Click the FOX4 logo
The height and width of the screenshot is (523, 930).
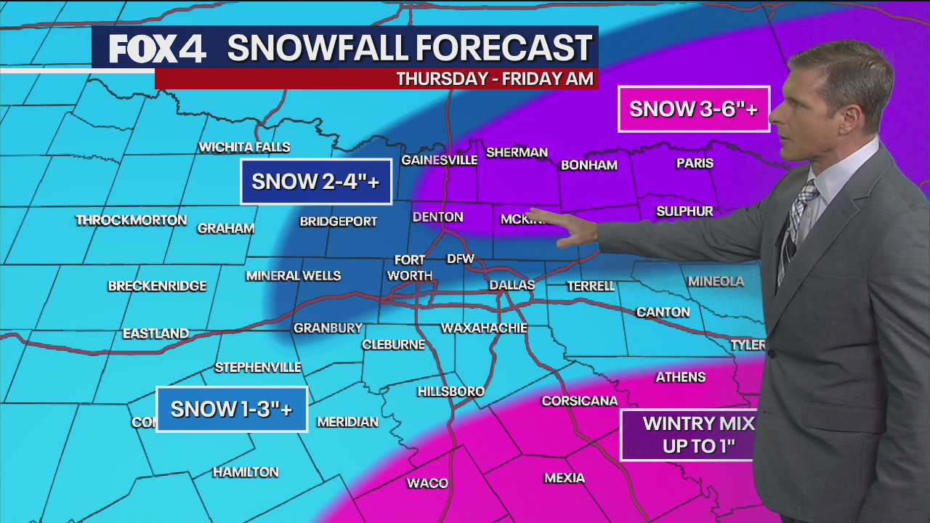pos(158,49)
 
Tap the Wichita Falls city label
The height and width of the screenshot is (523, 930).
pos(244,147)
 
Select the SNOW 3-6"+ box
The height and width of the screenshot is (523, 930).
pos(693,109)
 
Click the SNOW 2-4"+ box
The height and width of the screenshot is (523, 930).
pos(316,182)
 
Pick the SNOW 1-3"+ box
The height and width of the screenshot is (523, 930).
pos(232,409)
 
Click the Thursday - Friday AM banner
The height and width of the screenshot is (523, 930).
pos(494,78)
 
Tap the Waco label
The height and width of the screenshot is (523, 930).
pos(427,483)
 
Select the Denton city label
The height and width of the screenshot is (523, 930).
pos(437,217)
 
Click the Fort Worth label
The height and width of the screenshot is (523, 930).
pos(411,268)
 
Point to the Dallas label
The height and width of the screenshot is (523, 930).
pos(511,285)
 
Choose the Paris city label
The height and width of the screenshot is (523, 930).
pos(695,163)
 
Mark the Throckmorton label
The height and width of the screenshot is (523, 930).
pos(132,220)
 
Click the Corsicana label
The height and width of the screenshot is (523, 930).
pos(579,401)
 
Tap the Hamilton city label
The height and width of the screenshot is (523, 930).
pos(246,472)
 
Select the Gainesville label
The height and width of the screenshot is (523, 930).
pos(439,160)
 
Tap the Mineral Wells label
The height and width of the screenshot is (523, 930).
pos(294,276)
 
